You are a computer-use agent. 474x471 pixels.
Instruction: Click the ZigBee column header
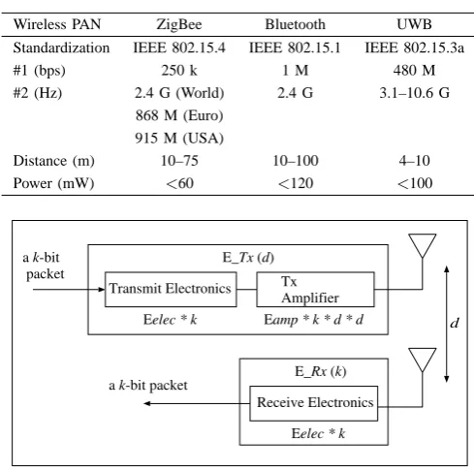pyautogui.click(x=179, y=24)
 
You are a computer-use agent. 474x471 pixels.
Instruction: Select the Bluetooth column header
pyautogui.click(x=295, y=24)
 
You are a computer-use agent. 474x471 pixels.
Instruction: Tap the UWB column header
pyautogui.click(x=414, y=24)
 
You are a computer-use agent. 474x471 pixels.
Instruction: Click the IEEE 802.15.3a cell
pyautogui.click(x=414, y=47)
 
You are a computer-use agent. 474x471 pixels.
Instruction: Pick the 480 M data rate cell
pyautogui.click(x=414, y=70)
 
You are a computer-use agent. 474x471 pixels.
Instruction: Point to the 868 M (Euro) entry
pyautogui.click(x=179, y=115)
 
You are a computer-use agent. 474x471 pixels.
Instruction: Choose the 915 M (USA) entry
pyautogui.click(x=179, y=138)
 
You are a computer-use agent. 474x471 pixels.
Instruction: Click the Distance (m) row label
pyautogui.click(x=53, y=161)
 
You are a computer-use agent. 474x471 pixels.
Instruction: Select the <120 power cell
pyautogui.click(x=296, y=183)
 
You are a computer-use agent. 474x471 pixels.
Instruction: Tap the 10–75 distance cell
pyautogui.click(x=179, y=161)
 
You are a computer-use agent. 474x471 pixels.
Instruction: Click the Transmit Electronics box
pyautogui.click(x=171, y=290)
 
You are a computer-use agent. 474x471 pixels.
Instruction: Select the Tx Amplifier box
pyautogui.click(x=315, y=290)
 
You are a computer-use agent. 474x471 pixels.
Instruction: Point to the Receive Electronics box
pyautogui.click(x=314, y=403)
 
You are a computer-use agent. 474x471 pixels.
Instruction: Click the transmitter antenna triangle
pyautogui.click(x=423, y=245)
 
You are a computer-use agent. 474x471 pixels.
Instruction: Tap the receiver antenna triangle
pyautogui.click(x=423, y=360)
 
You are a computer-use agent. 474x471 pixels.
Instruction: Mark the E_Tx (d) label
pyautogui.click(x=248, y=258)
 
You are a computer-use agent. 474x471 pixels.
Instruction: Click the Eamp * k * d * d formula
pyautogui.click(x=313, y=320)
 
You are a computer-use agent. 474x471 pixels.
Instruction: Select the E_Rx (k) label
pyautogui.click(x=320, y=371)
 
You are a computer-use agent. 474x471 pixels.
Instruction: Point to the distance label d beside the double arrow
pyautogui.click(x=455, y=323)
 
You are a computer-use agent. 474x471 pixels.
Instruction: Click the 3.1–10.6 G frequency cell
pyautogui.click(x=414, y=93)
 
